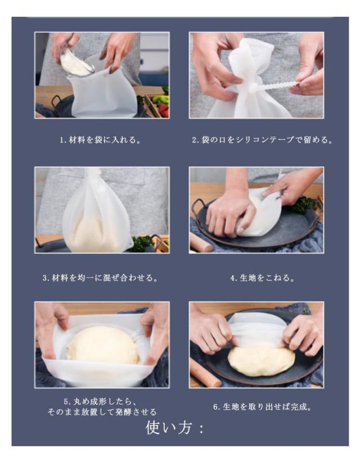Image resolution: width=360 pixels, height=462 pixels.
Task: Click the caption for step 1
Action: [x=101, y=139]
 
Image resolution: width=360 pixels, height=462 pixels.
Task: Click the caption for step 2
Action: [x=263, y=139]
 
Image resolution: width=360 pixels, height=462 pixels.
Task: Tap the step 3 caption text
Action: [x=101, y=278]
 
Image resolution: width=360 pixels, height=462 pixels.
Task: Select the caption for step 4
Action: [x=263, y=278]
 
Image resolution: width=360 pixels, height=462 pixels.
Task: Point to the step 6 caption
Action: [x=263, y=407]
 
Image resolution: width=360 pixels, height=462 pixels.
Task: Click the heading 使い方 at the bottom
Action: [x=174, y=428]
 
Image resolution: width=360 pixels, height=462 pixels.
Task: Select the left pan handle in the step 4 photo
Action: [x=197, y=208]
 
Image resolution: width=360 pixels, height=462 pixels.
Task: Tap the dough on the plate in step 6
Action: [x=261, y=361]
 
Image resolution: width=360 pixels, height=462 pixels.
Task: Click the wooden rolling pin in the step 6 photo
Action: [x=204, y=373]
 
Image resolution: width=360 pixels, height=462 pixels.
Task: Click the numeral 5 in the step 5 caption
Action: [x=66, y=402]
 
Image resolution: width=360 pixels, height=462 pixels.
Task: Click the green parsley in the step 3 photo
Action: [x=143, y=243]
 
